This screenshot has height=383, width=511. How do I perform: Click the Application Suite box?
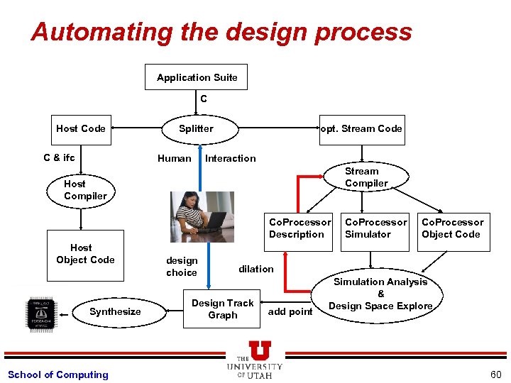pos(197,77)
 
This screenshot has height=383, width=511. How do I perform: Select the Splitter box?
pos(196,128)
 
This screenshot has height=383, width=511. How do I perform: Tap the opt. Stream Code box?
pos(362,129)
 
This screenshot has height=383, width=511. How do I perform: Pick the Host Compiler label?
pos(84,190)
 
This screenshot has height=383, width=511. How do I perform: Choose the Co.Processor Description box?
pos(299,229)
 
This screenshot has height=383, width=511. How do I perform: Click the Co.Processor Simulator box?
pos(375,229)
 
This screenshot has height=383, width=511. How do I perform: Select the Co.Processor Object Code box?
pos(452,229)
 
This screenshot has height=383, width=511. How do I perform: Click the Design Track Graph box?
pos(222,309)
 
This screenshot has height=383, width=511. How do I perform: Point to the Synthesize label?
pos(115,311)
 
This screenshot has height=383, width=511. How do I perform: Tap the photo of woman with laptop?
pos(202,212)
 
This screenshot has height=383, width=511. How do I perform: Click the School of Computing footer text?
pos(58,374)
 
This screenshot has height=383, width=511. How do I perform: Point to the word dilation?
pos(255,269)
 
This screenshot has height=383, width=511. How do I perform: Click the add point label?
pos(290,311)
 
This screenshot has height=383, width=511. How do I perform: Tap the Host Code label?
pos(81,128)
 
